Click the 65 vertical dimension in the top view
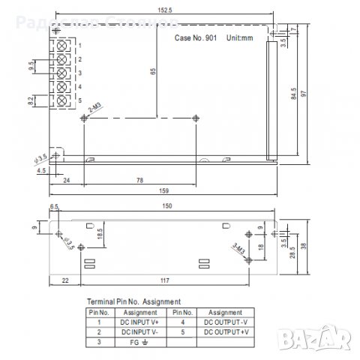click(152, 73)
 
